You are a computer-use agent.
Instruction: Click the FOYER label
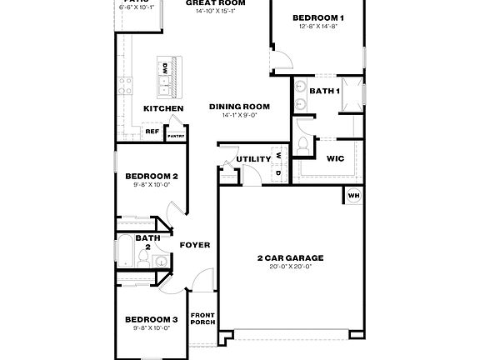click(194, 245)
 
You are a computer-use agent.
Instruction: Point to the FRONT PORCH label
click(202, 319)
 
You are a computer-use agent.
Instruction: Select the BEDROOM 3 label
click(151, 319)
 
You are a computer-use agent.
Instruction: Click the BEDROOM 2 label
click(151, 176)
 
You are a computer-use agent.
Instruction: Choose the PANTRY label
click(176, 136)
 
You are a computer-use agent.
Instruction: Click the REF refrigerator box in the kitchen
click(152, 132)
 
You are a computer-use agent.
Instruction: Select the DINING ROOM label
click(240, 106)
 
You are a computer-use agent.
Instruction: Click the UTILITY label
click(252, 158)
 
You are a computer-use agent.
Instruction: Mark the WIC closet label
click(336, 157)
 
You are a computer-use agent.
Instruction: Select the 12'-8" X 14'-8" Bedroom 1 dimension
click(317, 27)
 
